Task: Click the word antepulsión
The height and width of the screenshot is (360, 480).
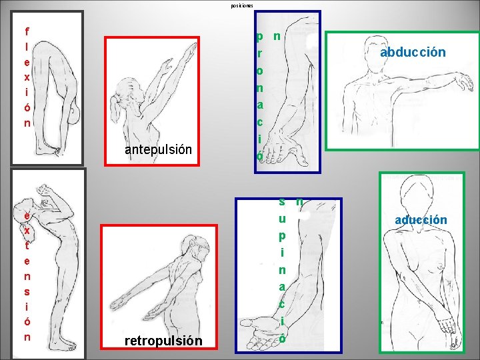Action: (158, 150)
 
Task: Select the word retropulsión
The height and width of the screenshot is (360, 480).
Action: (163, 341)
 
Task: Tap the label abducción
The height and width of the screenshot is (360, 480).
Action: (413, 52)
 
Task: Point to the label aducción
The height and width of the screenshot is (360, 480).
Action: (421, 219)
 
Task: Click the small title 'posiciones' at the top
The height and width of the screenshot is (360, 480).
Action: (242, 6)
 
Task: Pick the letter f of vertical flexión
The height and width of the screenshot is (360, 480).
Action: (27, 31)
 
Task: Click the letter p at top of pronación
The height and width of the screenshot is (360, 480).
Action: (260, 35)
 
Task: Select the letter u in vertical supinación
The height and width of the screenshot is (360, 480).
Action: (283, 218)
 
